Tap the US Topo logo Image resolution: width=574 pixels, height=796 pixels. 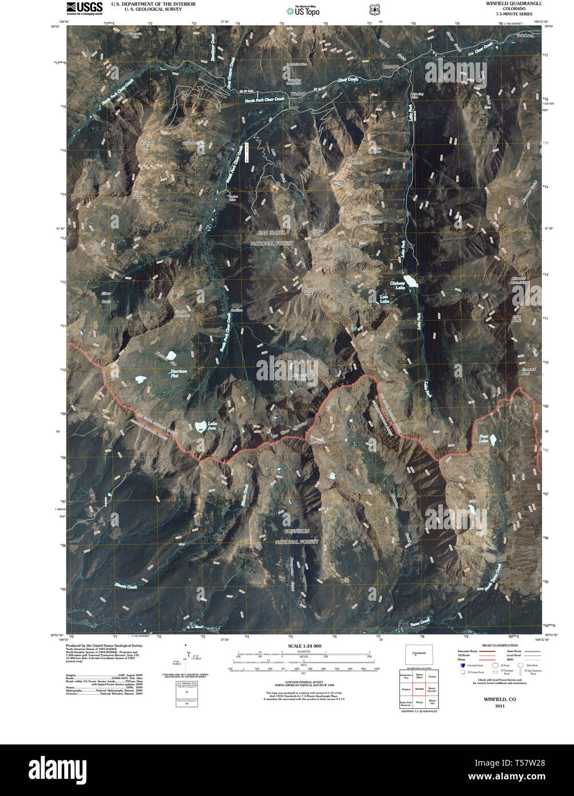click(x=303, y=11)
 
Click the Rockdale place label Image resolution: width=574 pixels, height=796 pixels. click(x=390, y=67)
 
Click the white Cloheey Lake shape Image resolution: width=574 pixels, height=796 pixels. click(x=410, y=281)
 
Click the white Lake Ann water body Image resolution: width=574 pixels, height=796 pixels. click(x=200, y=426)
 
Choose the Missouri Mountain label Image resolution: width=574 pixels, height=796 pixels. click(x=518, y=280)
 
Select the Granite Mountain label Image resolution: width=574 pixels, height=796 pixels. click(x=181, y=313)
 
